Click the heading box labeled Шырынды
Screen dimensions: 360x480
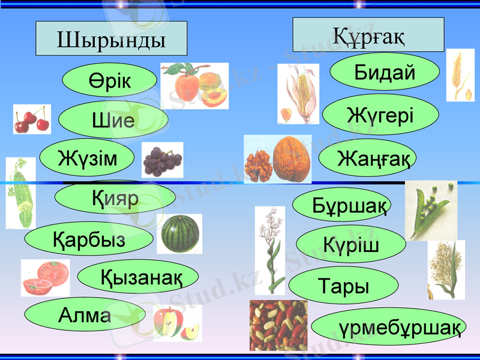pos(112,39)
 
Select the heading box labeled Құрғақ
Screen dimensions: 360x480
pos(368,35)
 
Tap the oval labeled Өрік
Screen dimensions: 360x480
pos(109,80)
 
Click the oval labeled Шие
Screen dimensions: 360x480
pos(113,120)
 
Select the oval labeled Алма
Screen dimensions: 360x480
pos(85,314)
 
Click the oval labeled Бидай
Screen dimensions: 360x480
pos(385,72)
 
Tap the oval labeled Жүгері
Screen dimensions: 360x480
pos(380,114)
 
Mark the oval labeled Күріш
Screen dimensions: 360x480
pos(351,244)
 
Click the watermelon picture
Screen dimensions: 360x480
pos(179,233)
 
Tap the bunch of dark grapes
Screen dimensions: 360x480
pos(162,160)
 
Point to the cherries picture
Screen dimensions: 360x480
pos(32,119)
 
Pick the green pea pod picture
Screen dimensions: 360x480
pos(430,210)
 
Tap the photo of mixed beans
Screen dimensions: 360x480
pos(278,325)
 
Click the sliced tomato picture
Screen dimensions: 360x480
pos(45,277)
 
